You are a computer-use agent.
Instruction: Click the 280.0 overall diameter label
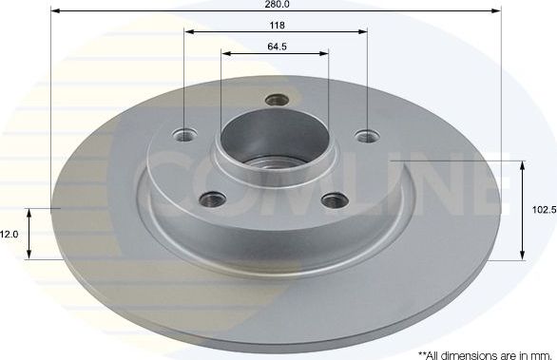tap(278, 4)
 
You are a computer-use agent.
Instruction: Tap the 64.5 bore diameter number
tap(277, 45)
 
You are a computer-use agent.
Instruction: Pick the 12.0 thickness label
tap(9, 233)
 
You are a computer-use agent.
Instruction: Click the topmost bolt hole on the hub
tap(277, 98)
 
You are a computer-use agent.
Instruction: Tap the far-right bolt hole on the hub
tap(366, 135)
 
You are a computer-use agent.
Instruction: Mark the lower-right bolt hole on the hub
tap(333, 199)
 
